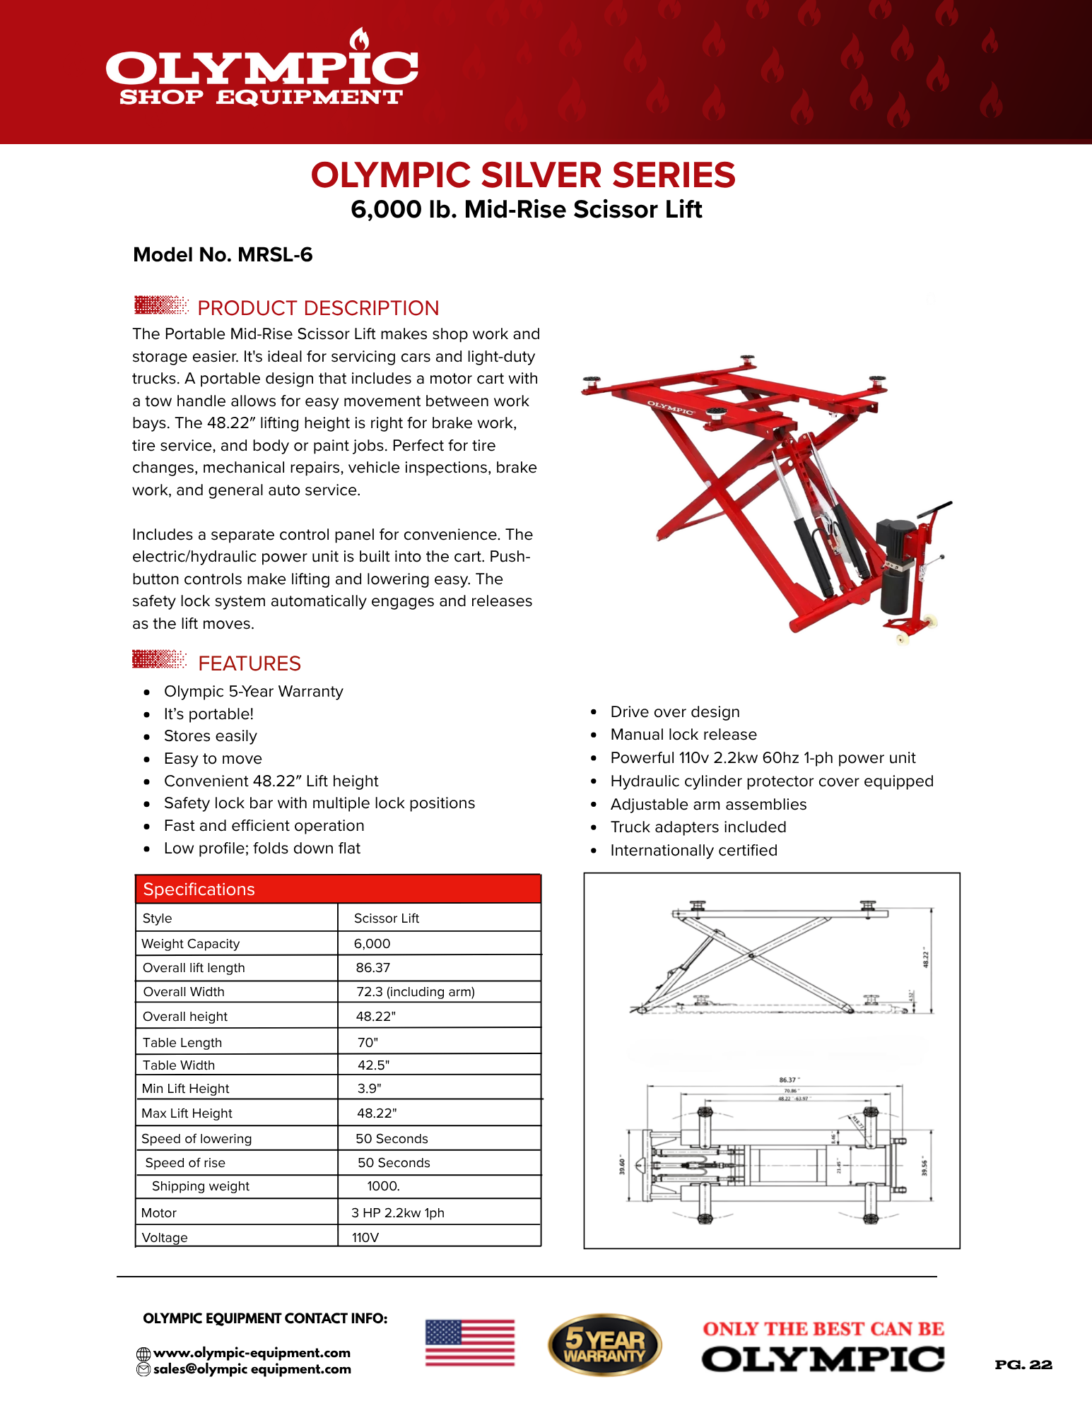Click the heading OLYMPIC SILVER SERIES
coord(523,175)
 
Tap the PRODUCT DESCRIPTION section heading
coord(317,308)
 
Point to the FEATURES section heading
coord(249,663)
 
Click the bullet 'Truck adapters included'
coord(698,827)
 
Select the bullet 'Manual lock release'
coord(683,735)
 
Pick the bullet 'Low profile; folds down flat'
coord(262,849)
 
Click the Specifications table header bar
coord(338,889)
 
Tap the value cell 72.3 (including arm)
coord(416,992)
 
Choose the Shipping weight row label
coord(201,1187)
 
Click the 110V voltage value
coord(365,1238)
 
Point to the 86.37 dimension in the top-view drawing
coord(788,1080)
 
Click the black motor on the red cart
coord(896,565)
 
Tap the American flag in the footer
coord(470,1343)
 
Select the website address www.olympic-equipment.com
coord(252,1353)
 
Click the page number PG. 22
coord(1023,1365)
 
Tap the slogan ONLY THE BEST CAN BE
coord(823,1330)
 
